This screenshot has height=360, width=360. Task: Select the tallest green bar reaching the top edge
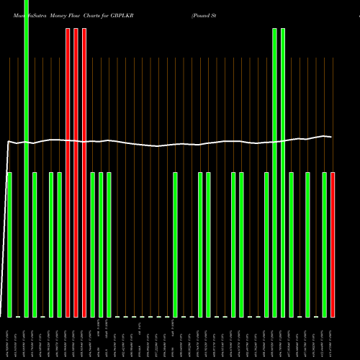27,158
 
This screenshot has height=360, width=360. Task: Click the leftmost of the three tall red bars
68,173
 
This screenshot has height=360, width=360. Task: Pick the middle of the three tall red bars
76,173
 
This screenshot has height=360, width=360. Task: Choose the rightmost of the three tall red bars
84,173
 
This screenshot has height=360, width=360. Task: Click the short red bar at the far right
333,245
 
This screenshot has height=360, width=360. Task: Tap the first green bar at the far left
9,245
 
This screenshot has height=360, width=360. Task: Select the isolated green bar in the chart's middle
175,245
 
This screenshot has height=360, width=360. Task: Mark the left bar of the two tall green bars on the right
274,173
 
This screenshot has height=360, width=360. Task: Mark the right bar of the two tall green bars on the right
283,173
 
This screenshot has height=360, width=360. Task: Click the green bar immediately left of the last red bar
324,245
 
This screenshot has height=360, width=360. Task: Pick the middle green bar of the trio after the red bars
101,245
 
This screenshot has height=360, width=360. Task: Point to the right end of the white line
331,136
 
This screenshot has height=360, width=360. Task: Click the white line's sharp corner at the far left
8,142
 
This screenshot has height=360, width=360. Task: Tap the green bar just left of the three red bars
59,245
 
